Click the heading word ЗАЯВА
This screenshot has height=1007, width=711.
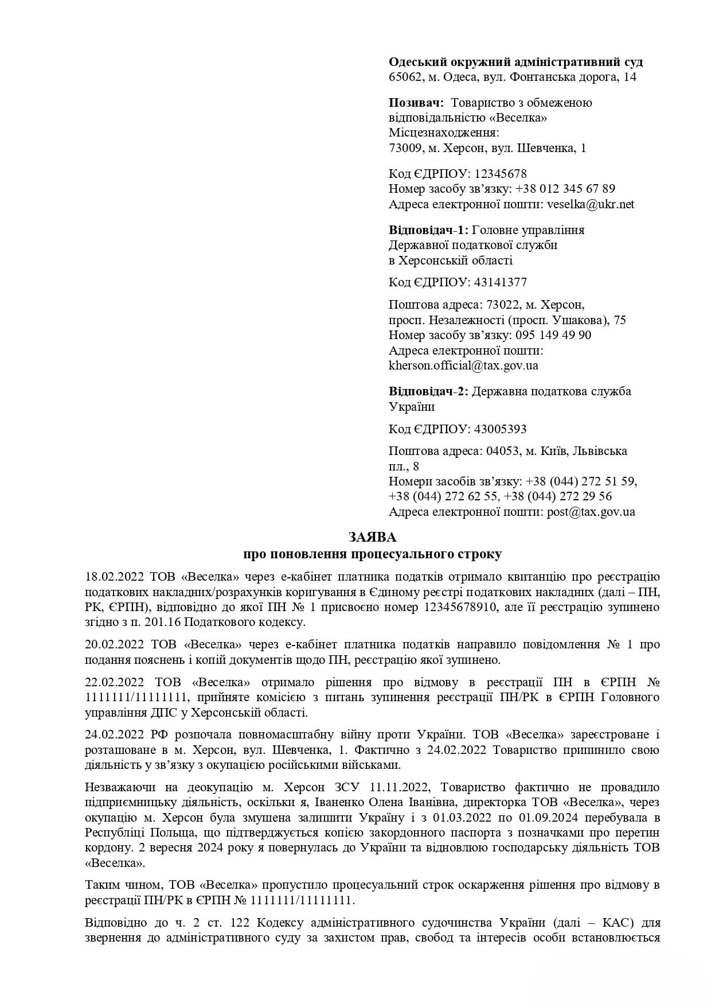pos(372,538)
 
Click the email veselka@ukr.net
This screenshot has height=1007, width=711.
pos(591,204)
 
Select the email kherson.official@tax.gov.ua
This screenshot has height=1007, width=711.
pos(463,366)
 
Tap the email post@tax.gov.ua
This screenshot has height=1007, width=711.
pos(591,512)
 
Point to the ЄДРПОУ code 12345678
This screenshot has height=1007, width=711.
pos(500,173)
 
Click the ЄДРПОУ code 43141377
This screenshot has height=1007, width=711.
pos(500,282)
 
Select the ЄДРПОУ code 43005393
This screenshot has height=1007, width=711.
pos(500,429)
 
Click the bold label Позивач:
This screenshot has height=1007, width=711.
pos(416,103)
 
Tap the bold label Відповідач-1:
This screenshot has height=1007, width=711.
pos(428,230)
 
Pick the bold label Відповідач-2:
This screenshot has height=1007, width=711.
pos(428,391)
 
